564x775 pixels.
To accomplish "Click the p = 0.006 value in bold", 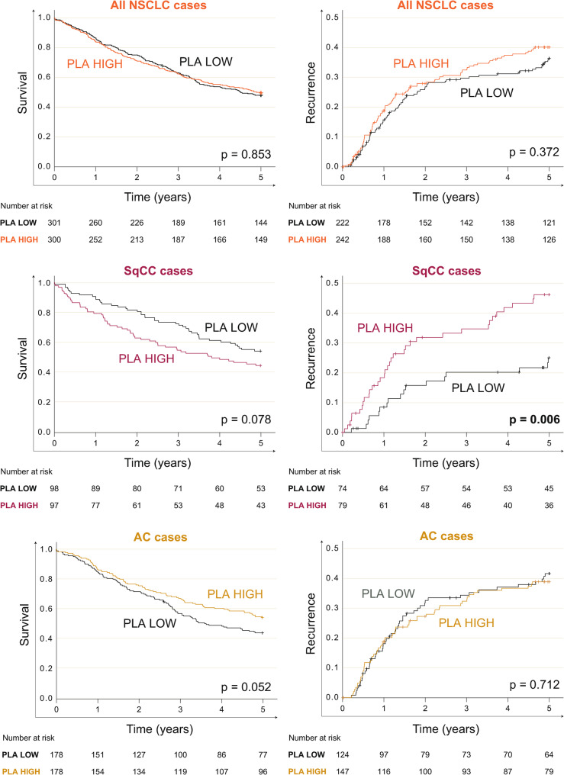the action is [x=534, y=420].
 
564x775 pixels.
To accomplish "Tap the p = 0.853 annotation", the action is [x=247, y=155].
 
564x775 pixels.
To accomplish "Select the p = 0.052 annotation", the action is [x=247, y=687].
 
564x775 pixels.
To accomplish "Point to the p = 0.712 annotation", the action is [x=534, y=684].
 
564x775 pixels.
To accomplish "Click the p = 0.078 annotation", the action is [x=247, y=420].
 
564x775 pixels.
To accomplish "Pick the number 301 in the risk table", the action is [x=54, y=223].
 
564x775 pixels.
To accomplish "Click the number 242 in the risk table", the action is [x=342, y=240].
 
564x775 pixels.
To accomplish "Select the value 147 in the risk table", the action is [x=342, y=771].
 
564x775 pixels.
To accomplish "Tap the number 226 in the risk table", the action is [x=137, y=223].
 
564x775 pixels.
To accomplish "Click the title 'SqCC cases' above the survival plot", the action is [x=158, y=271].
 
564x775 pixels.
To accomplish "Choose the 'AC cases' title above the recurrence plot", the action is [x=446, y=536].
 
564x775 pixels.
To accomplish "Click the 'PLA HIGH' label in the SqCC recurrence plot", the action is [x=385, y=328].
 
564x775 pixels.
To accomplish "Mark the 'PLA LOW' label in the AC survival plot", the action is [x=150, y=623].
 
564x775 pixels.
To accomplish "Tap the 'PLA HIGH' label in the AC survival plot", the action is [x=235, y=594].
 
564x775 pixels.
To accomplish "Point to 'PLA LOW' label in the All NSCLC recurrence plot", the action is [x=487, y=93].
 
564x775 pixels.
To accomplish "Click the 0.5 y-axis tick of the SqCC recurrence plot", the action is [x=332, y=283].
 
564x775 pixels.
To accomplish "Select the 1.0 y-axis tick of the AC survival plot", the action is [x=46, y=549].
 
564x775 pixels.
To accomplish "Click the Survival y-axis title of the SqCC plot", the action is [x=23, y=359].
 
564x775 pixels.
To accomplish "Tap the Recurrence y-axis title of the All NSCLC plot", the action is [x=311, y=92].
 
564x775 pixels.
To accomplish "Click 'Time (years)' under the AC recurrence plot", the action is [x=446, y=729].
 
